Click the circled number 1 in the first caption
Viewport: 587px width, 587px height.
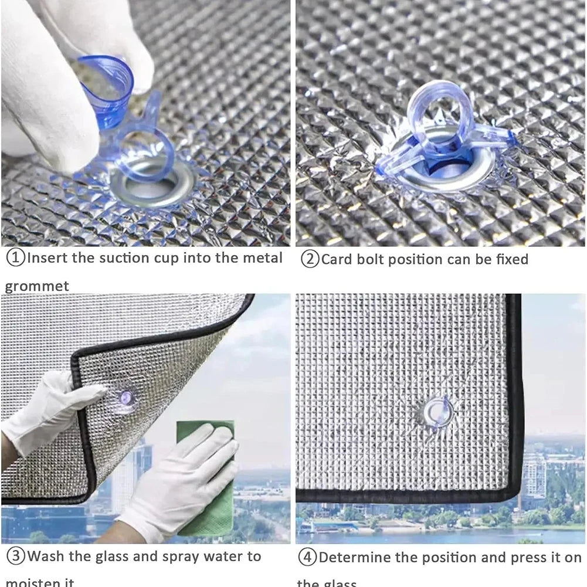15,258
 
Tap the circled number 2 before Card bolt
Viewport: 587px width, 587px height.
310,259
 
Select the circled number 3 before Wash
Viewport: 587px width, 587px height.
15,556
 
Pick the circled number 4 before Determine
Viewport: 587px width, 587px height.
307,557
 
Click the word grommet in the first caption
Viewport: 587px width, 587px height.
37,287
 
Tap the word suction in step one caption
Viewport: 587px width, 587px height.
123,258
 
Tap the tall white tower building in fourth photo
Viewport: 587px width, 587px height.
534,475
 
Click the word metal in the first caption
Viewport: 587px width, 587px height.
259,258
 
